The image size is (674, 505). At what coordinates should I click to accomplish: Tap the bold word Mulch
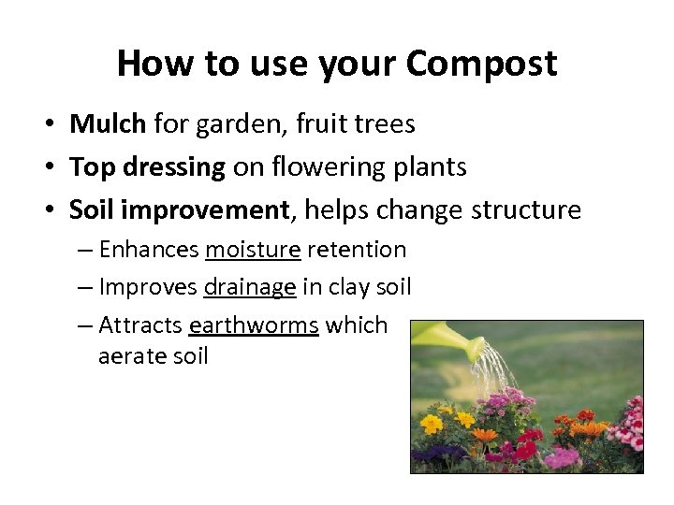(108, 123)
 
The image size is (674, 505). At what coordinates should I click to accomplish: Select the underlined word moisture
(253, 250)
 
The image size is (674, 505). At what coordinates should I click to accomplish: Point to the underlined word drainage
(250, 287)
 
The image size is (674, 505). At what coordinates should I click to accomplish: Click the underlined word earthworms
(254, 325)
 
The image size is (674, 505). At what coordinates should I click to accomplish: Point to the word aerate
(127, 356)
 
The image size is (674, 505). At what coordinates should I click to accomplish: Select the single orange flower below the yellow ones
(484, 435)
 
